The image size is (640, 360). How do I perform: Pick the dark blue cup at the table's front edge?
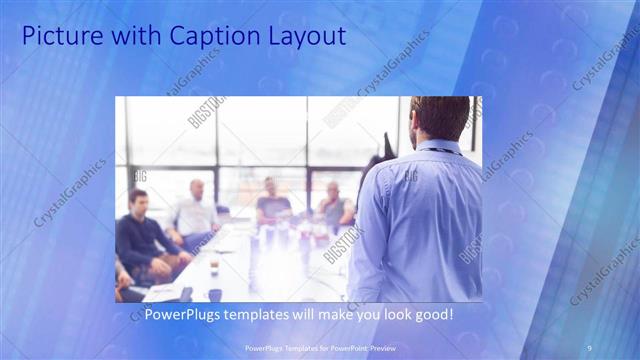click(x=215, y=294)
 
